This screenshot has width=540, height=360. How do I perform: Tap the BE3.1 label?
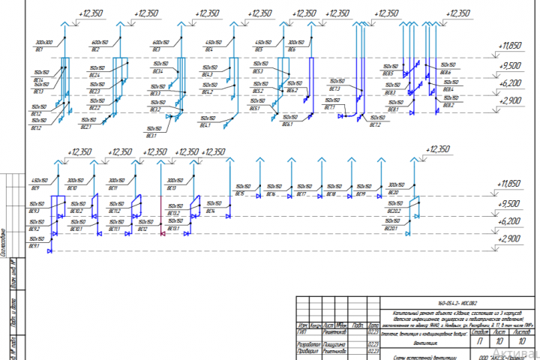tap(151, 135)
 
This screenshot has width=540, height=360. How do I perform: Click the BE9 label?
tap(34, 187)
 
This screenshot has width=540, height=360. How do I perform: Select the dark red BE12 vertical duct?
tap(161, 202)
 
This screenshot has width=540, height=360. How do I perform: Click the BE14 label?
tap(210, 211)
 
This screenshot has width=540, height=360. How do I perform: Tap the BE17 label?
tap(301, 194)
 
